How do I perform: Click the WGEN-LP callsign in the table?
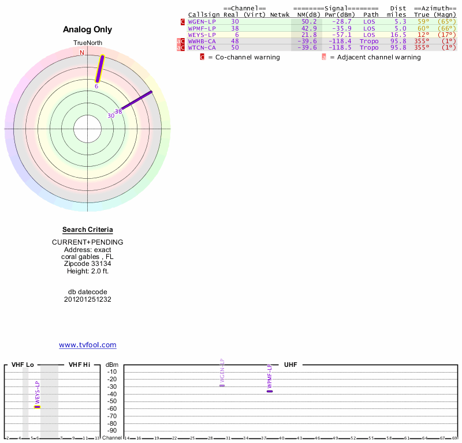(202, 21)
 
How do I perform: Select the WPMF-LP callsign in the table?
(202, 28)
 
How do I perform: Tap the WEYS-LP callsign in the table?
(202, 35)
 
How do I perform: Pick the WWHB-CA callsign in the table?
(202, 41)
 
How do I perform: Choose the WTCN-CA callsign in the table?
(202, 47)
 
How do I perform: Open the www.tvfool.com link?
(88, 345)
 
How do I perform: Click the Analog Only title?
(88, 29)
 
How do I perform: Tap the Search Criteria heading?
(88, 230)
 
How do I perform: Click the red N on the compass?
(82, 52)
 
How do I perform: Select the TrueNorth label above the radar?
(87, 43)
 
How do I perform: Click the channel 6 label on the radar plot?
(96, 86)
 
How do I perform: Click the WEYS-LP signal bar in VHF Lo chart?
(37, 407)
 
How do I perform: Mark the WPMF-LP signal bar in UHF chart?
(269, 391)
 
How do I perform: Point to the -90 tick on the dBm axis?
(111, 430)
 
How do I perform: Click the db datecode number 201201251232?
(88, 299)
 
